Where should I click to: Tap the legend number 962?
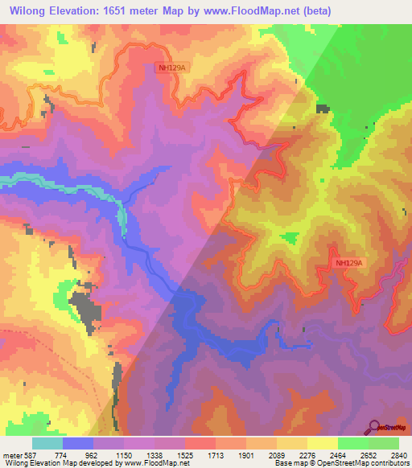click(92, 454)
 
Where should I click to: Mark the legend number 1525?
click(184, 454)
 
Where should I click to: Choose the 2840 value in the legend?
click(400, 454)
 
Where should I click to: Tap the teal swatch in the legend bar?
click(47, 443)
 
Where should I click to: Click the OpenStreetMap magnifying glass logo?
click(376, 427)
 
